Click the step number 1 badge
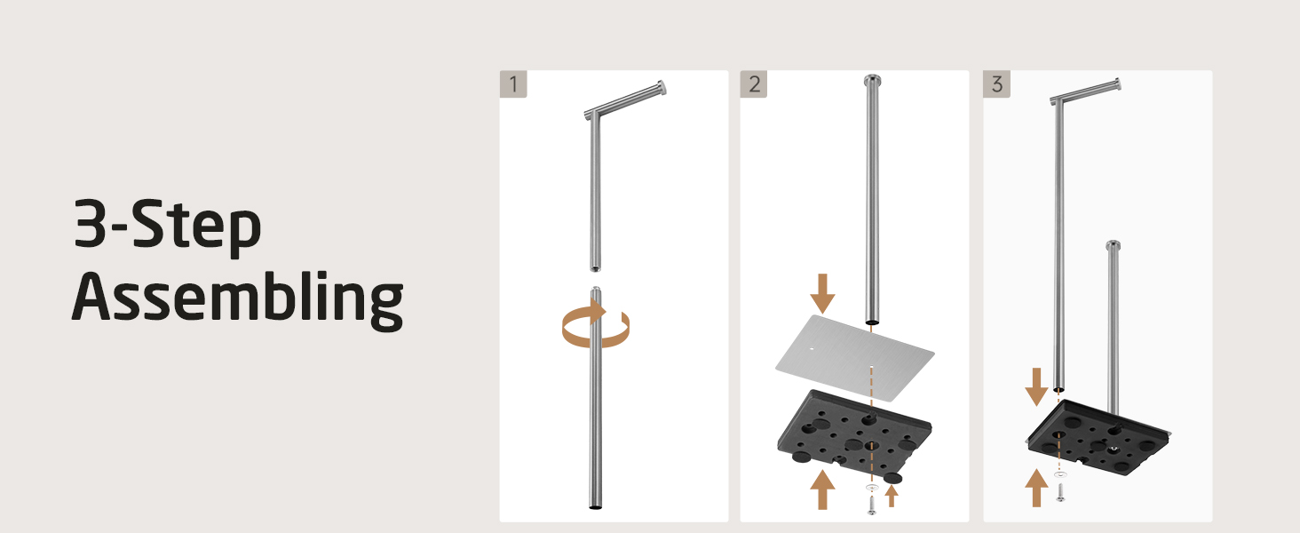click(x=513, y=84)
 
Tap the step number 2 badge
click(x=754, y=84)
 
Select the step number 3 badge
click(x=996, y=84)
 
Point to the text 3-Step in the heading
click(x=167, y=226)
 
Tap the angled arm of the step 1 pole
click(x=626, y=99)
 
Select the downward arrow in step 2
click(x=822, y=294)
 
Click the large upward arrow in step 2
click(x=822, y=489)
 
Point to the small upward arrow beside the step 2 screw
click(x=892, y=496)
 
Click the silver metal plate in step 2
click(x=855, y=357)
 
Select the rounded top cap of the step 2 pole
click(x=872, y=80)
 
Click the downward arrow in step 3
click(x=1036, y=386)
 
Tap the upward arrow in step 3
click(x=1036, y=488)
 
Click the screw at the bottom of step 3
click(x=1060, y=492)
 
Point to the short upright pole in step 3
click(x=1114, y=328)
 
